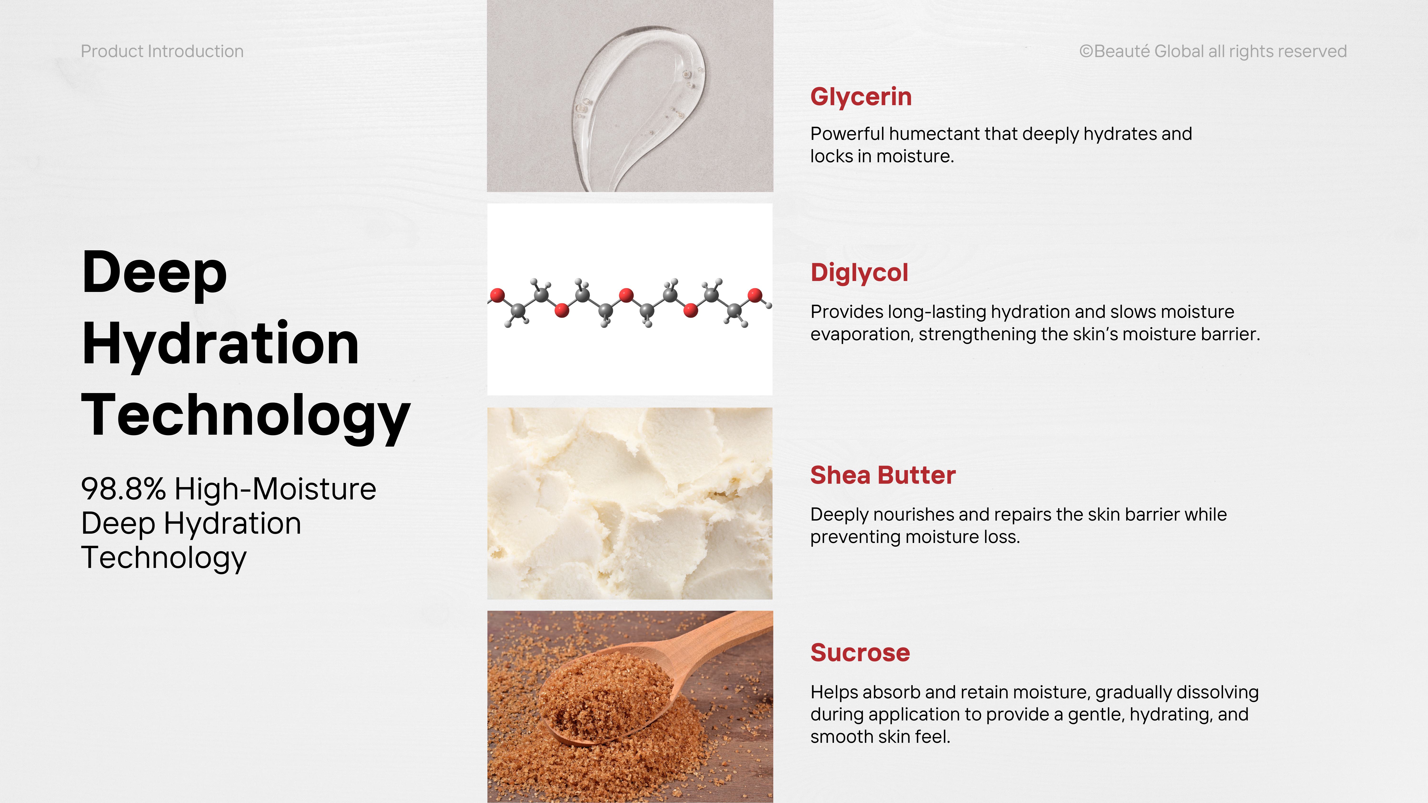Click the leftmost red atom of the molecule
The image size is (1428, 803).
[x=497, y=295]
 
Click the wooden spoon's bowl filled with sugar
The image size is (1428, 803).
[x=607, y=695]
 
